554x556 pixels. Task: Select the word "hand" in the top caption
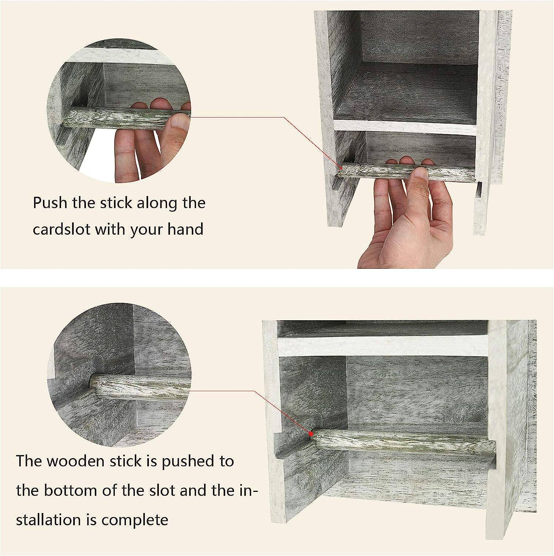pos(185,229)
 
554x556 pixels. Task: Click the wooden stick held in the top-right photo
pos(407,172)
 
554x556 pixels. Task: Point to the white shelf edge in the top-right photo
pos(404,127)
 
